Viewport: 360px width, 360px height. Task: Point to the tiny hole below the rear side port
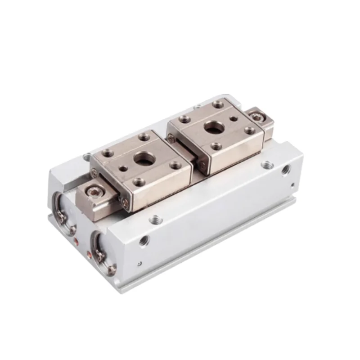tap(292, 184)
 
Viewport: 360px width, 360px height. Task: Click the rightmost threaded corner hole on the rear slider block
tap(250, 130)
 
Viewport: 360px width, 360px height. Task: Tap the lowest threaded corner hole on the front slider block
tap(139, 181)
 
